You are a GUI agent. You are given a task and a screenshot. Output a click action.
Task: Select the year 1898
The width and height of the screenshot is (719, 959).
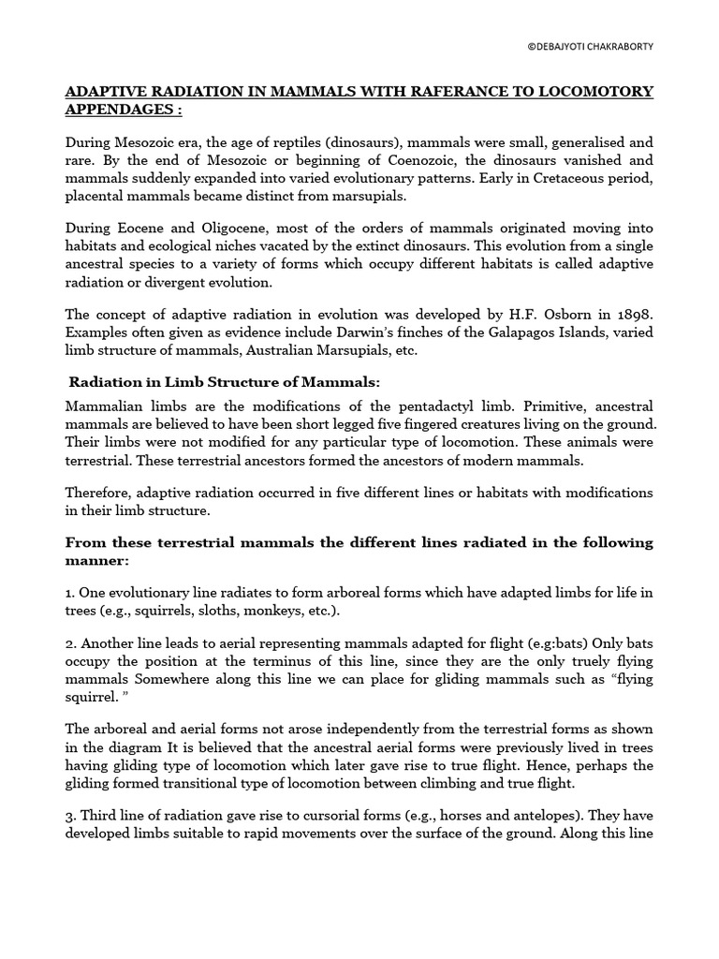pyautogui.click(x=633, y=316)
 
